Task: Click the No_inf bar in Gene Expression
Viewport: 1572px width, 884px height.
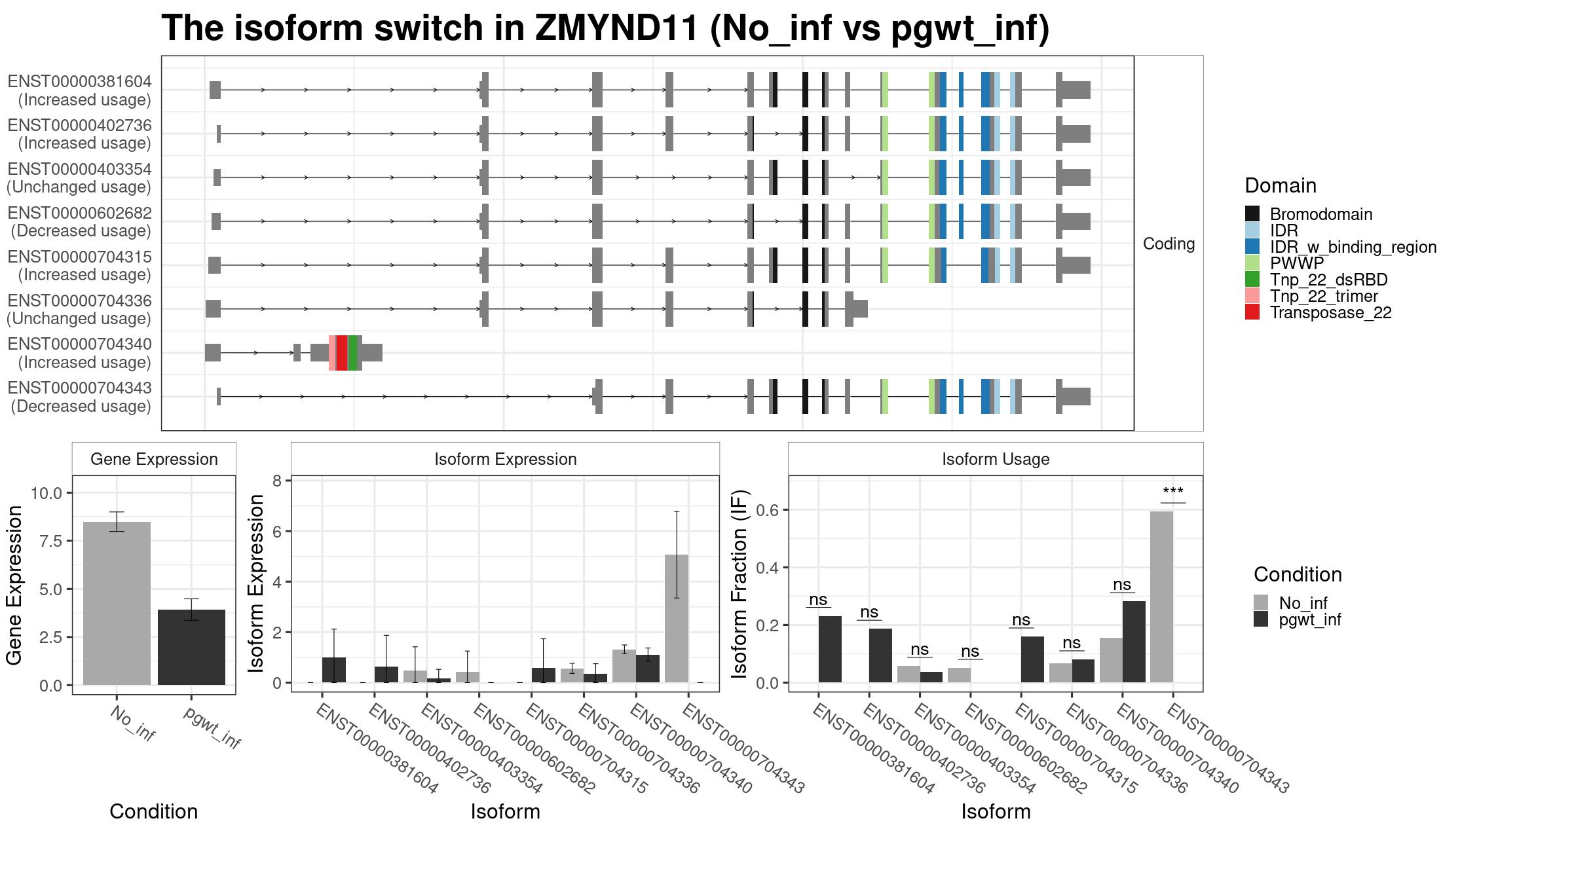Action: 117,603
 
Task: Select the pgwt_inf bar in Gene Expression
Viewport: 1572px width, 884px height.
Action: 191,647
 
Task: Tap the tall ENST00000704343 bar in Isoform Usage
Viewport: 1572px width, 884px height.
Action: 1161,597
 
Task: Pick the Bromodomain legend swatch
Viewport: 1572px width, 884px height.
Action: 1252,214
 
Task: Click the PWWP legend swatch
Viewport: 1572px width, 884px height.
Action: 1252,263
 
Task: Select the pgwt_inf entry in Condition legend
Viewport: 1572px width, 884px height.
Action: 1297,619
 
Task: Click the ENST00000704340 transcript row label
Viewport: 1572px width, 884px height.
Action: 79,353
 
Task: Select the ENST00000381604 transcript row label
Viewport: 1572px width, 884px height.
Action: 79,90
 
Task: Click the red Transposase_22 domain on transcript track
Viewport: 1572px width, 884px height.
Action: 341,352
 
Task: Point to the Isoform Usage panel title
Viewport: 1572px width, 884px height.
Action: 996,459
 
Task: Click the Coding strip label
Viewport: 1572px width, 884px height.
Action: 1169,244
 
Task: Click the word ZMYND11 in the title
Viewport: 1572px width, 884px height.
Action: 616,28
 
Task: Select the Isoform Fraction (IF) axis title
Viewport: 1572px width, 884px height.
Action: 739,583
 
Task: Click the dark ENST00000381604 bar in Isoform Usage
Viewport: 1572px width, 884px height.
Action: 830,649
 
